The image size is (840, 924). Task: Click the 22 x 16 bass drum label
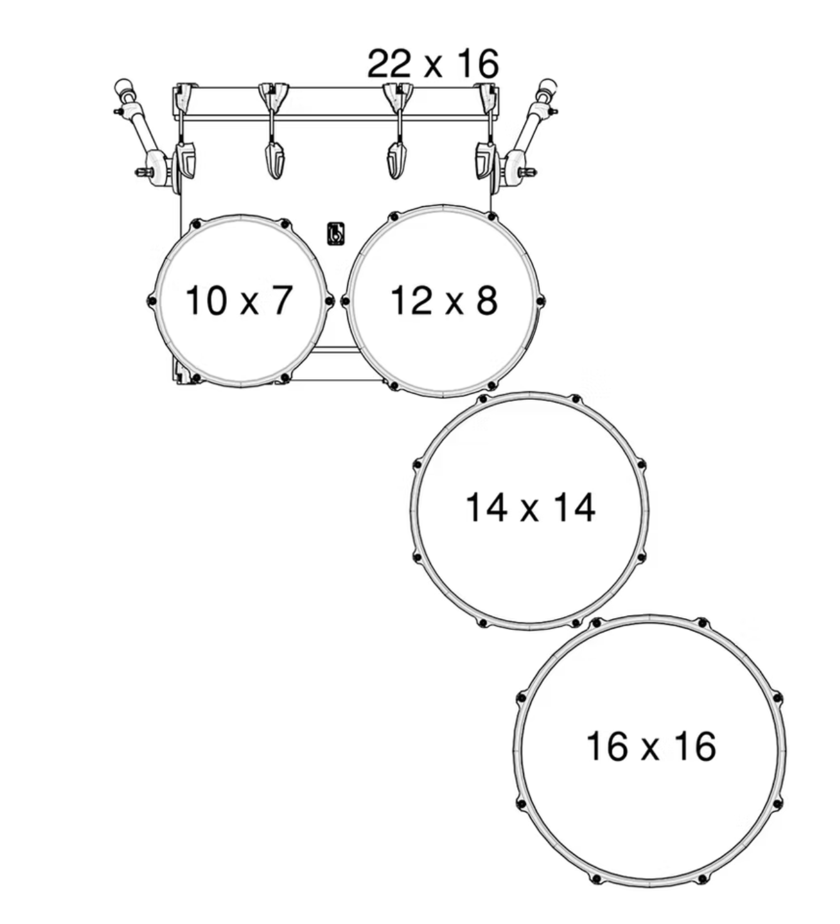[433, 63]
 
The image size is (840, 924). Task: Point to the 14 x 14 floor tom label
[530, 507]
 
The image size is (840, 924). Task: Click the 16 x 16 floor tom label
[651, 746]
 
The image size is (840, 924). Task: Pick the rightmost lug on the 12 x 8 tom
[540, 300]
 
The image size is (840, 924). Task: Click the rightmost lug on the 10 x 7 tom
[330, 301]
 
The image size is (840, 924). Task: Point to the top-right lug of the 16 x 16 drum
[703, 622]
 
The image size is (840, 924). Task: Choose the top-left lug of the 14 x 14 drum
[482, 399]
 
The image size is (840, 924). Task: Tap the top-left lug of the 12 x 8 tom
[394, 217]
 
